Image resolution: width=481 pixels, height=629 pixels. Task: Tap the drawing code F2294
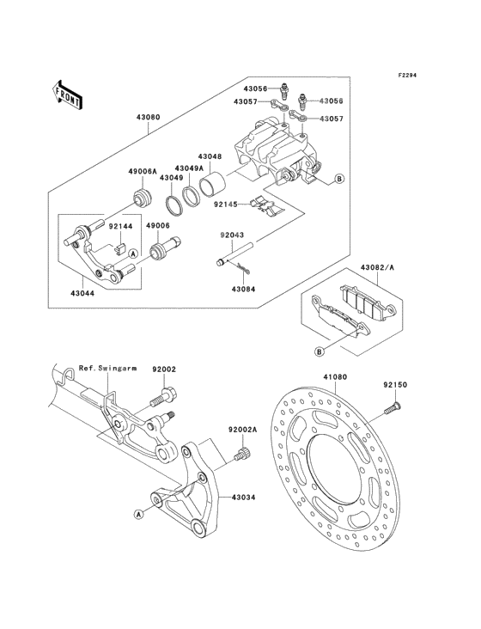[406, 76]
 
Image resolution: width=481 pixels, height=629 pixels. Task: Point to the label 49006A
[143, 172]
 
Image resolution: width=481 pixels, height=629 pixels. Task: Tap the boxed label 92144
[119, 226]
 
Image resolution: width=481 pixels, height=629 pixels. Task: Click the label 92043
[231, 234]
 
